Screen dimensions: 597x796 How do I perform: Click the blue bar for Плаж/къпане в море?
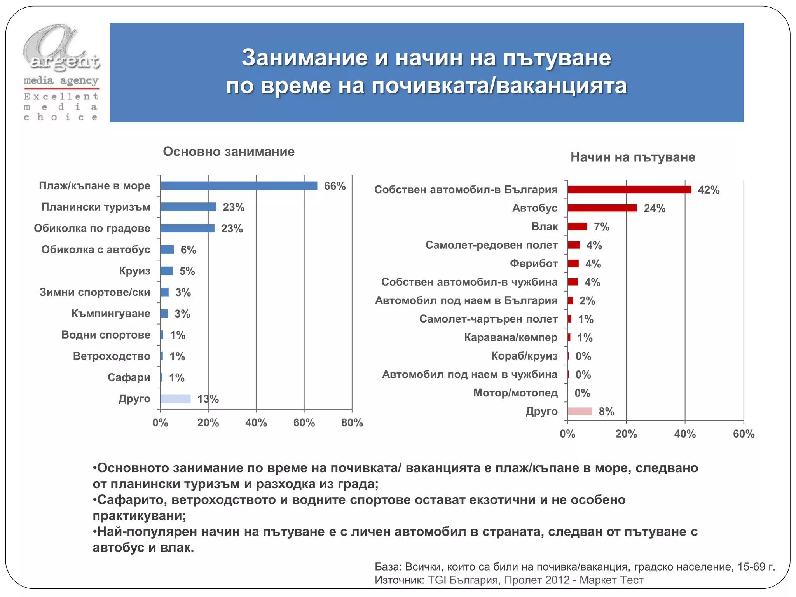(x=239, y=186)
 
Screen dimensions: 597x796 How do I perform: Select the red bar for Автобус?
(x=602, y=208)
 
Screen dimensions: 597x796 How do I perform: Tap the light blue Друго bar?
(x=175, y=399)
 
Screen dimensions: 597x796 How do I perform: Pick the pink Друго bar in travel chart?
(x=580, y=411)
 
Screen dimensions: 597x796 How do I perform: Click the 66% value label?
(x=335, y=186)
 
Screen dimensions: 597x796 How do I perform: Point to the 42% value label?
(x=709, y=190)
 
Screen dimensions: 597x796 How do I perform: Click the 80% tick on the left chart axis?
(x=352, y=423)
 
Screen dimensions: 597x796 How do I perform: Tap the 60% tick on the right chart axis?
(x=744, y=434)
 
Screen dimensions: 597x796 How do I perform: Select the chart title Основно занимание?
(x=229, y=152)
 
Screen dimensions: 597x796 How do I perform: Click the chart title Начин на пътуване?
(x=632, y=157)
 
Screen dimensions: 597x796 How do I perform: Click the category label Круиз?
(x=134, y=271)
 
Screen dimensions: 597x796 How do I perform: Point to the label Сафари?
(x=129, y=377)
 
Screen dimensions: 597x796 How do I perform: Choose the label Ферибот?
(x=534, y=264)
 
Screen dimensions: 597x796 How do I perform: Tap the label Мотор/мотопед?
(x=515, y=393)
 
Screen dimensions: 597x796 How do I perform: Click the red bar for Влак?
(x=577, y=227)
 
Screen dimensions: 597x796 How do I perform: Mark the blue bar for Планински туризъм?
(x=188, y=207)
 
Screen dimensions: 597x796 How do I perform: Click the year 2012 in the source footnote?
(x=557, y=580)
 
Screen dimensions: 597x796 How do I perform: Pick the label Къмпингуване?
(x=111, y=314)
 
